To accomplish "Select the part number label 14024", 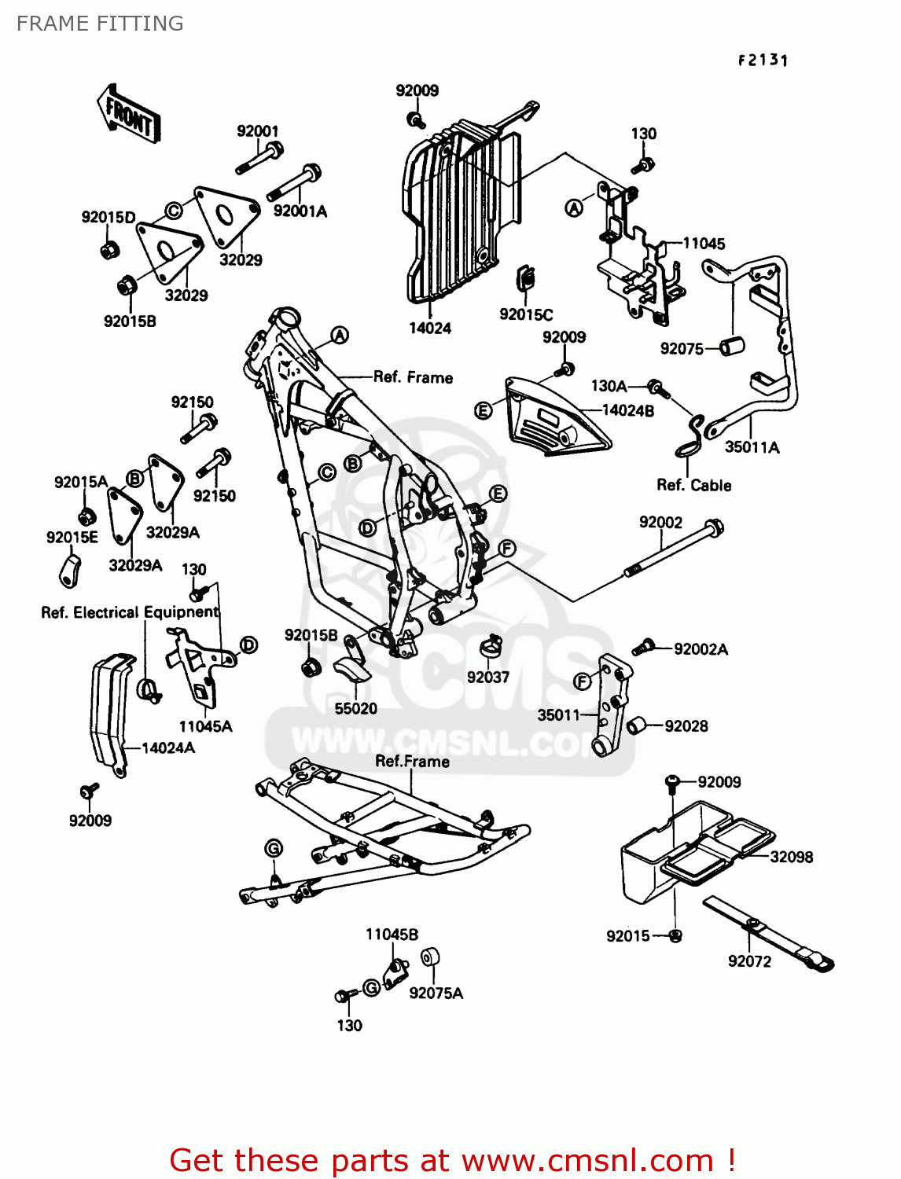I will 429,329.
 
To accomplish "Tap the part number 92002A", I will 701,649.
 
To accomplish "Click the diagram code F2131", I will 763,60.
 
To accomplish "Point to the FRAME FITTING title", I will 100,24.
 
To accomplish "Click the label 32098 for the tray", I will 791,857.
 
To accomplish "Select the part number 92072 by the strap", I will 749,961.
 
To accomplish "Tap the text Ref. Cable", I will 693,486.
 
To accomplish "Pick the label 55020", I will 355,709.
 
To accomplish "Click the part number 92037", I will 487,678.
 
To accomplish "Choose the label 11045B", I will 392,935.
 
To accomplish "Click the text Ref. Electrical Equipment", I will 130,612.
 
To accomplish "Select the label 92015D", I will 108,218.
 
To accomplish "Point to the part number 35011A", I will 752,447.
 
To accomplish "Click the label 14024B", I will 627,410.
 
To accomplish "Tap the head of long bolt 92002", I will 714,527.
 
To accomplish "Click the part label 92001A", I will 300,211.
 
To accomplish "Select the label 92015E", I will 72,538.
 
